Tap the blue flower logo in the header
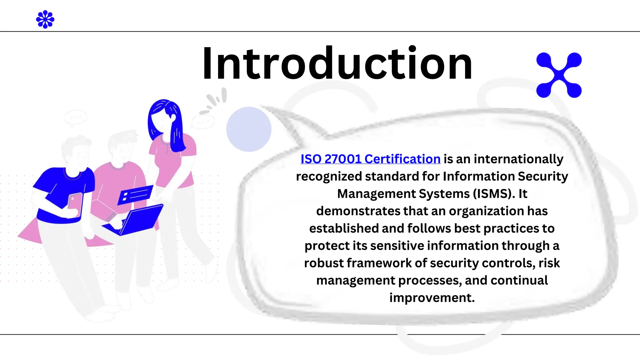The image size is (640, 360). pos(45,19)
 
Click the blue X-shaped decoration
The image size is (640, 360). pos(559,75)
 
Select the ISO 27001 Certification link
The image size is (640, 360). pos(370,159)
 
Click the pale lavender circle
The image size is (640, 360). pos(249,129)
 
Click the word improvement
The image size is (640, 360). pos(432,298)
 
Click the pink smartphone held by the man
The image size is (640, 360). pos(75,205)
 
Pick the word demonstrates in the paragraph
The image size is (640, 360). pos(358,211)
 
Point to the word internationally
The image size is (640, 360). pos(518,159)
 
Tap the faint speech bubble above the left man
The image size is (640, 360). pos(75,117)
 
